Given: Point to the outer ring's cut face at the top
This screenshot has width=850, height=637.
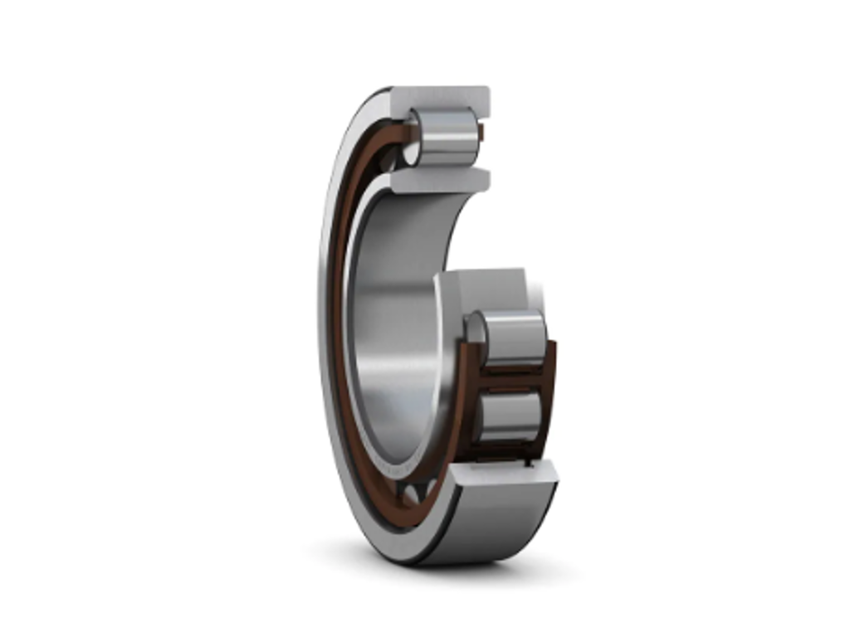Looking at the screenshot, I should (x=440, y=98).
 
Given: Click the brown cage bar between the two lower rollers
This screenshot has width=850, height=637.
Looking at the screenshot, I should (x=511, y=377).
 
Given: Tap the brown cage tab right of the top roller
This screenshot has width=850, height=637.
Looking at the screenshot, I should (x=481, y=133).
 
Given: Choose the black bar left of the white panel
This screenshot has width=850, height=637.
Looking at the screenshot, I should (x=106, y=318).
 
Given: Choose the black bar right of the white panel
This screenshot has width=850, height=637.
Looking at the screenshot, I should (x=744, y=318).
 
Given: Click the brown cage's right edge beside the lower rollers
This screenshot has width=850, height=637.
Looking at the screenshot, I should (x=549, y=390).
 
